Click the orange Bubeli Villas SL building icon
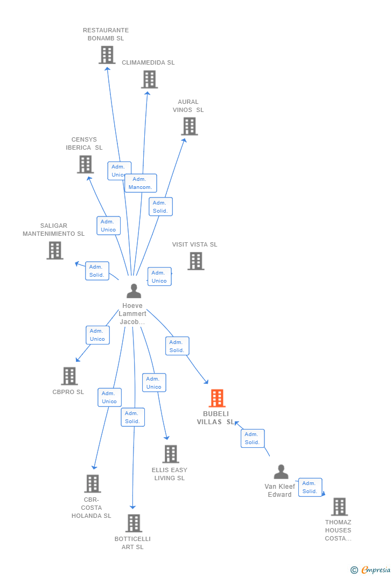click(x=217, y=398)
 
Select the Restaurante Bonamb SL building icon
click(x=107, y=55)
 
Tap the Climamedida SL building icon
click(x=149, y=79)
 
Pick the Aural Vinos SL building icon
click(x=189, y=127)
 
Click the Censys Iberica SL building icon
click(x=85, y=164)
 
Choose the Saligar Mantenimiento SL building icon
click(x=54, y=250)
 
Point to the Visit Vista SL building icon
click(x=195, y=261)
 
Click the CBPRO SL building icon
click(x=69, y=376)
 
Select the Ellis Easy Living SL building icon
click(x=170, y=454)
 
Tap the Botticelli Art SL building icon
click(x=134, y=523)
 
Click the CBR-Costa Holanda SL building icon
click(x=93, y=483)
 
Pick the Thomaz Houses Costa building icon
click(x=339, y=507)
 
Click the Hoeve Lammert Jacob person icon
click(x=134, y=291)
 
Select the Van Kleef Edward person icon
click(x=281, y=472)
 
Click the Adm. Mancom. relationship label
click(x=141, y=184)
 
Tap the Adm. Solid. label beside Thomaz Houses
click(x=310, y=487)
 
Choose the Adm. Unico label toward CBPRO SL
click(x=97, y=335)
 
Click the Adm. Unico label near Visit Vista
click(x=159, y=277)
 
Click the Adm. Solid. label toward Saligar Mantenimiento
click(x=97, y=271)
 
